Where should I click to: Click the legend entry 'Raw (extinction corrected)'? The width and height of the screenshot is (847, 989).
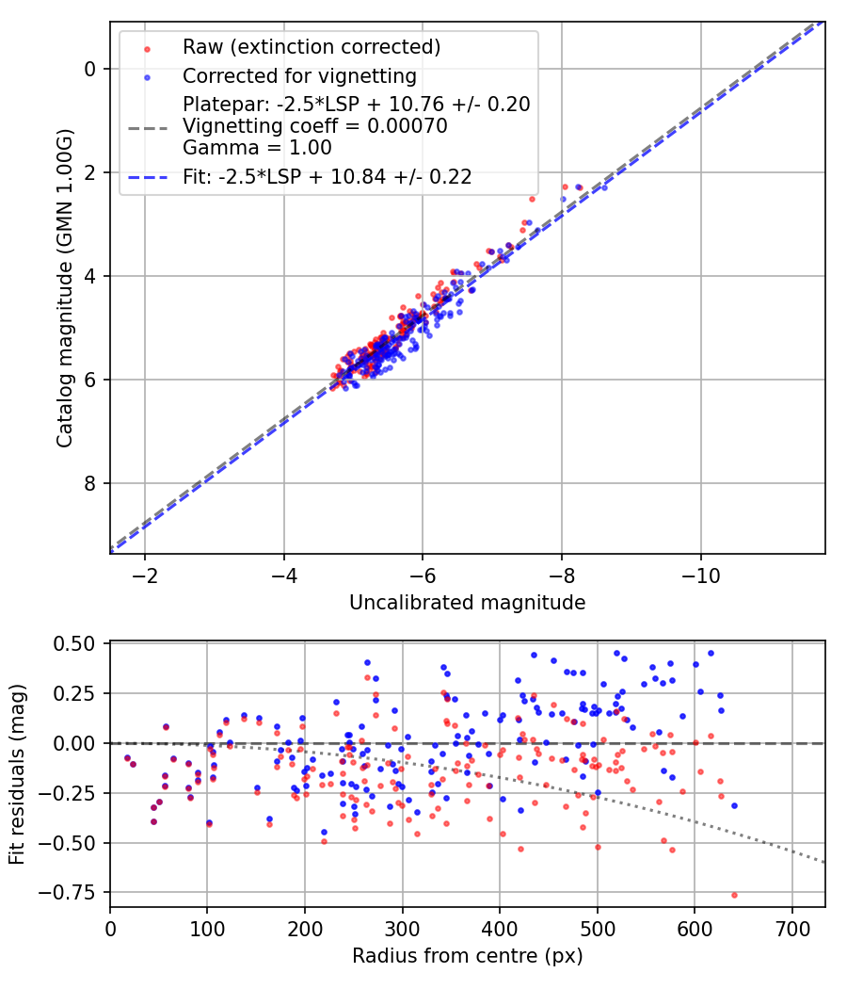[312, 47]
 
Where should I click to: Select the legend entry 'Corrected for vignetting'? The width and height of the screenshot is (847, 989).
[299, 76]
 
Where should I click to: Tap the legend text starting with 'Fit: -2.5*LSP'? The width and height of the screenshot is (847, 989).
[328, 176]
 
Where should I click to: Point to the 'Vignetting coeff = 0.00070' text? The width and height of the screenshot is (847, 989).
[315, 126]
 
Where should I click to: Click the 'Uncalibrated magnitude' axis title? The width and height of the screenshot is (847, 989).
[467, 603]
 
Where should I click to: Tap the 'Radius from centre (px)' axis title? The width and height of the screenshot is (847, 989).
[467, 956]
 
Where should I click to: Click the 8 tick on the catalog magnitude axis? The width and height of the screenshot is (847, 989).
[89, 484]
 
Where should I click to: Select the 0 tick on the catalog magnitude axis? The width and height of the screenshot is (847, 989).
[89, 69]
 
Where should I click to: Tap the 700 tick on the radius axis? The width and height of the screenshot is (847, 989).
[792, 927]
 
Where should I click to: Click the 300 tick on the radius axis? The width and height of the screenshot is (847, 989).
[403, 927]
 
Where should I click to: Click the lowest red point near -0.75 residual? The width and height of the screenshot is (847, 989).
[734, 895]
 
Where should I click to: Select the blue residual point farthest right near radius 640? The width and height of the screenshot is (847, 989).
[734, 805]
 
